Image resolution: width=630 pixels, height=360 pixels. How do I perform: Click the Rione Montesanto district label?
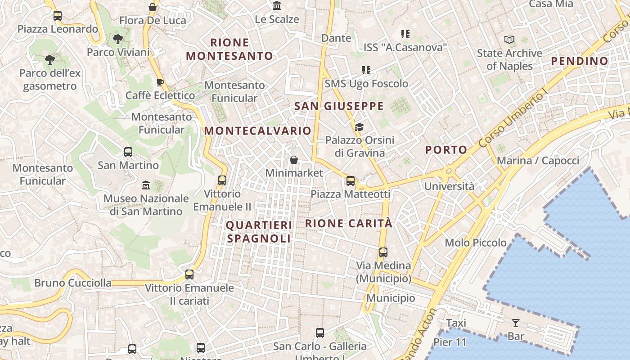click(229, 49)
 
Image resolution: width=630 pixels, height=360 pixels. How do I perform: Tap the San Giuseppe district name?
click(338, 106)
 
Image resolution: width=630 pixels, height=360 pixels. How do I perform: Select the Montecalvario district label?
click(257, 131)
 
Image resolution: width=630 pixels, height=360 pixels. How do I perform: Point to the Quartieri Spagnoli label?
click(259, 231)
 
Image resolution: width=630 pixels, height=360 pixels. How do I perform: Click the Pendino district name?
click(580, 61)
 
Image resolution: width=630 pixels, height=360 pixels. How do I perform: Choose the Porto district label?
click(446, 150)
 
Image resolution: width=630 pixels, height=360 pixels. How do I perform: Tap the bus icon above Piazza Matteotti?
click(351, 181)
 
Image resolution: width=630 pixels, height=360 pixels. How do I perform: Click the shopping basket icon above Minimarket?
click(294, 160)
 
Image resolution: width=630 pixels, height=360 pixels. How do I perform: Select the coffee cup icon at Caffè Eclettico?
click(160, 82)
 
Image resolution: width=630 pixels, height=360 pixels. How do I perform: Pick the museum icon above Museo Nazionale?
click(146, 185)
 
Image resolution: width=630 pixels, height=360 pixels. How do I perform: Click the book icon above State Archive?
click(509, 40)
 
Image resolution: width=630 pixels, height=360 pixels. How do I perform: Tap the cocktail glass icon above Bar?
click(516, 323)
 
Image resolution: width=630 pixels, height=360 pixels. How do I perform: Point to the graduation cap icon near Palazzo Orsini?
click(359, 127)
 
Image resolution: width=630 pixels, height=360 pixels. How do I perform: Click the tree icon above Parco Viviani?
click(118, 39)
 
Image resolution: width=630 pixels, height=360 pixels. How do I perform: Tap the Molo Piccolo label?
click(476, 243)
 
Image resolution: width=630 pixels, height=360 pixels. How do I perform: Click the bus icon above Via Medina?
click(383, 252)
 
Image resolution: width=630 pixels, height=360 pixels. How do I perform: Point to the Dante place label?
click(336, 38)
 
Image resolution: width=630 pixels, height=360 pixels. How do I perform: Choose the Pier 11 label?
click(450, 342)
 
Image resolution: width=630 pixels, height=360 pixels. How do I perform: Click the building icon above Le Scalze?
click(277, 6)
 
